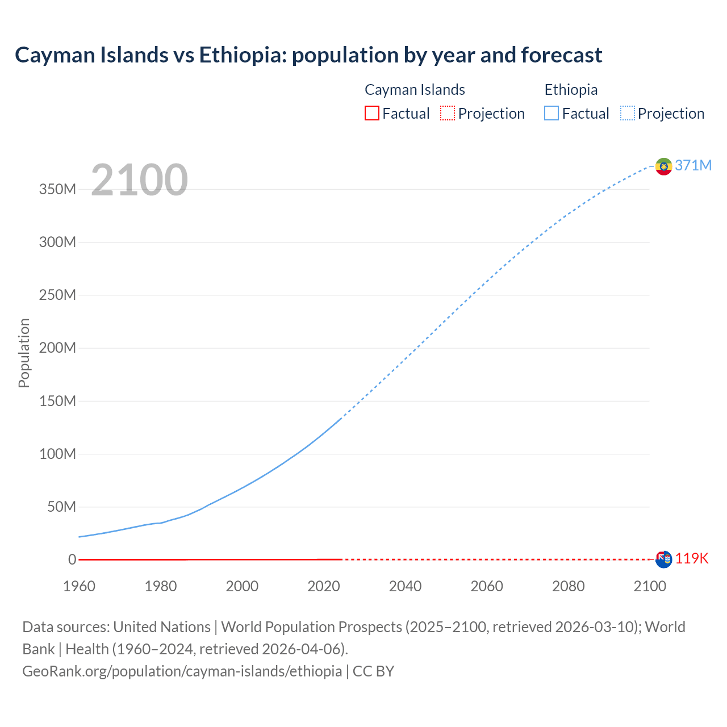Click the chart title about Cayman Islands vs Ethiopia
point(308,55)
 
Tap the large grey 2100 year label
point(139,180)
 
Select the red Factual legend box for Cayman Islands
point(371,113)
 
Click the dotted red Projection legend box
point(448,113)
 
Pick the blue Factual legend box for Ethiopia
point(551,113)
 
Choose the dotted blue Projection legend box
point(628,113)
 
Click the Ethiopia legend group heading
point(571,90)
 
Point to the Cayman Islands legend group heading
point(415,90)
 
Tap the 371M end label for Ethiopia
point(693,165)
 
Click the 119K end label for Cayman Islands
point(692,558)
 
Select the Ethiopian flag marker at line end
point(663,166)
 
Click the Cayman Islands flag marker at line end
point(663,559)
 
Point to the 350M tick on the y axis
point(57,189)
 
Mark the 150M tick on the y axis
point(57,401)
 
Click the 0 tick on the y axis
point(72,559)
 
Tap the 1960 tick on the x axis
point(79,586)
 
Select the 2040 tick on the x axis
point(405,586)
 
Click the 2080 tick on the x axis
point(568,586)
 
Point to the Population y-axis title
point(24,353)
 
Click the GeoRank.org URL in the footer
point(182,671)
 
